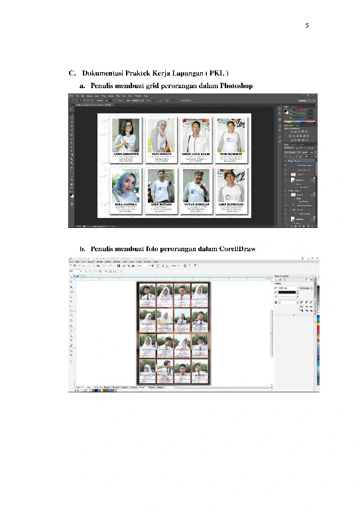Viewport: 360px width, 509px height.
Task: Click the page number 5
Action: coord(306,26)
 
